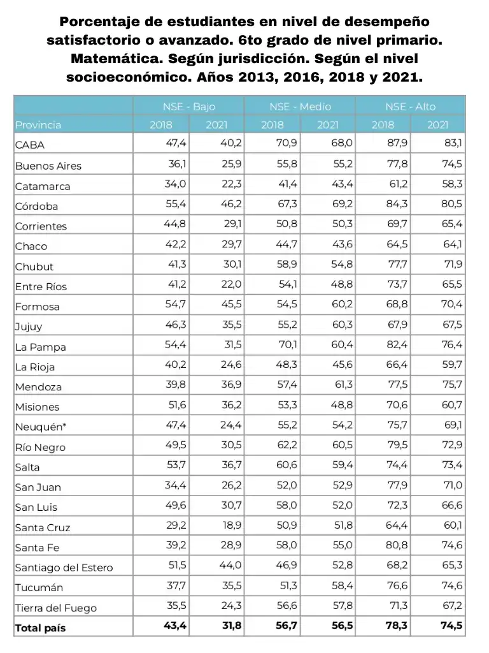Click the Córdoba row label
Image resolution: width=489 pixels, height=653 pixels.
click(36, 206)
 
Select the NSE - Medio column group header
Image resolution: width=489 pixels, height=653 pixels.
click(300, 106)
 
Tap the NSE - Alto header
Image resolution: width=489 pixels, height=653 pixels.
click(410, 106)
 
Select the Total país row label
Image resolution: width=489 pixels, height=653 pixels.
click(40, 628)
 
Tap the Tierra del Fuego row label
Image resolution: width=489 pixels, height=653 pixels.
click(56, 608)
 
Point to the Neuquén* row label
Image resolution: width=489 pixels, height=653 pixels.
click(42, 427)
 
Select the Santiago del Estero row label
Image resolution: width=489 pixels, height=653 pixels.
click(64, 568)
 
